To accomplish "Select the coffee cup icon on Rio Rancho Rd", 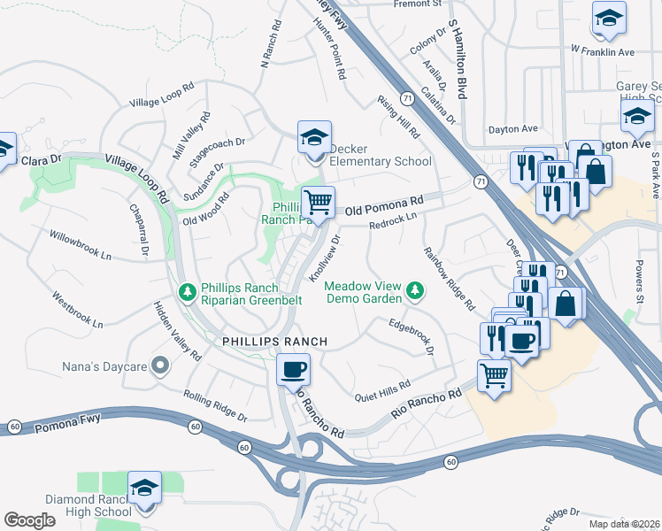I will [292, 370].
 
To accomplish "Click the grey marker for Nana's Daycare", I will [159, 365].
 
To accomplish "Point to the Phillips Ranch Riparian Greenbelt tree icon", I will [187, 291].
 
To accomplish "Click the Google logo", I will [29, 520].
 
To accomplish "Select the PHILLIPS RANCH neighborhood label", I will [263, 342].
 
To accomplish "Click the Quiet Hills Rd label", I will [382, 390].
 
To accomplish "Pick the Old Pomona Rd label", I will [384, 207].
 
